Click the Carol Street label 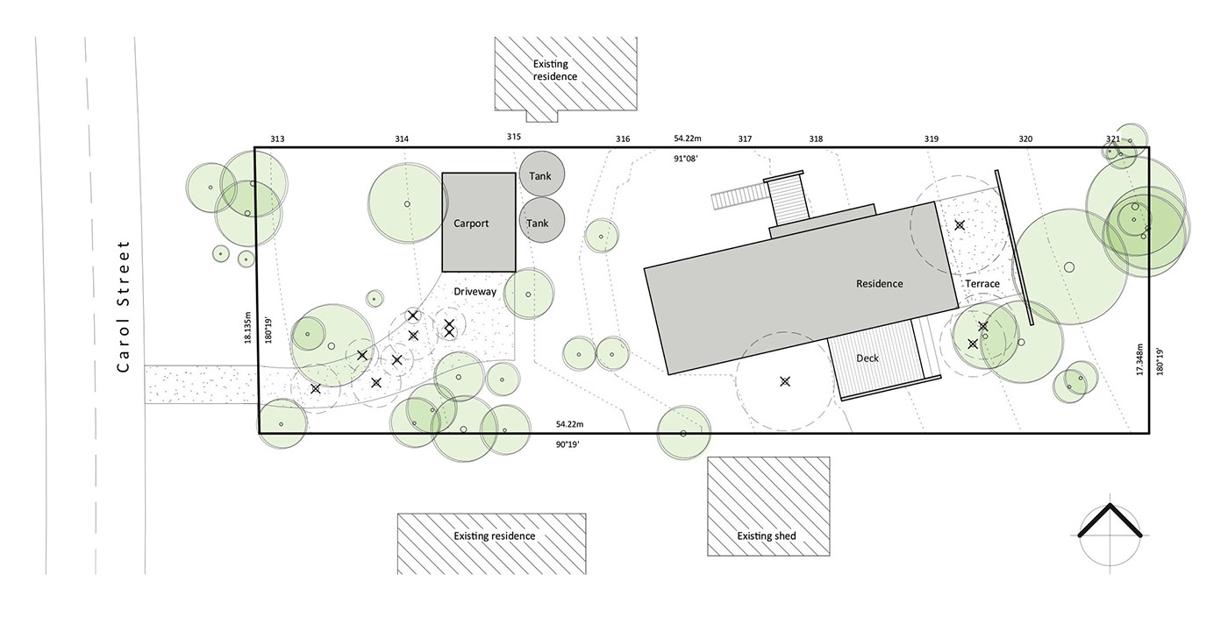click(x=123, y=306)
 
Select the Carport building click(x=478, y=223)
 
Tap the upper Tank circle click(x=541, y=175)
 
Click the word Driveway click(x=475, y=291)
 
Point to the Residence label click(x=879, y=283)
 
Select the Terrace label click(x=982, y=284)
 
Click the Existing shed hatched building click(x=768, y=507)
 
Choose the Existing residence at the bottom click(x=493, y=542)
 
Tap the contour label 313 click(x=277, y=139)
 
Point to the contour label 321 click(x=1112, y=138)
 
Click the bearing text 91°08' click(x=686, y=159)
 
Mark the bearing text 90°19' click(x=567, y=444)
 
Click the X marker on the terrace click(x=960, y=225)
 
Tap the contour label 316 click(x=623, y=139)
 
